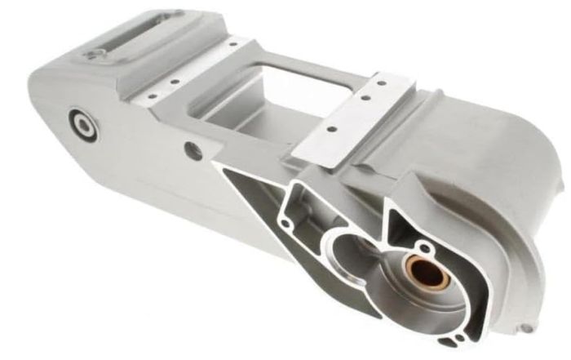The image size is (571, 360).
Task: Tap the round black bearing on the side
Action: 84,124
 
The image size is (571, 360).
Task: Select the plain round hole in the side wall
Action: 193,149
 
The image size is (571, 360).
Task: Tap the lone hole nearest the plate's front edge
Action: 330,128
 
